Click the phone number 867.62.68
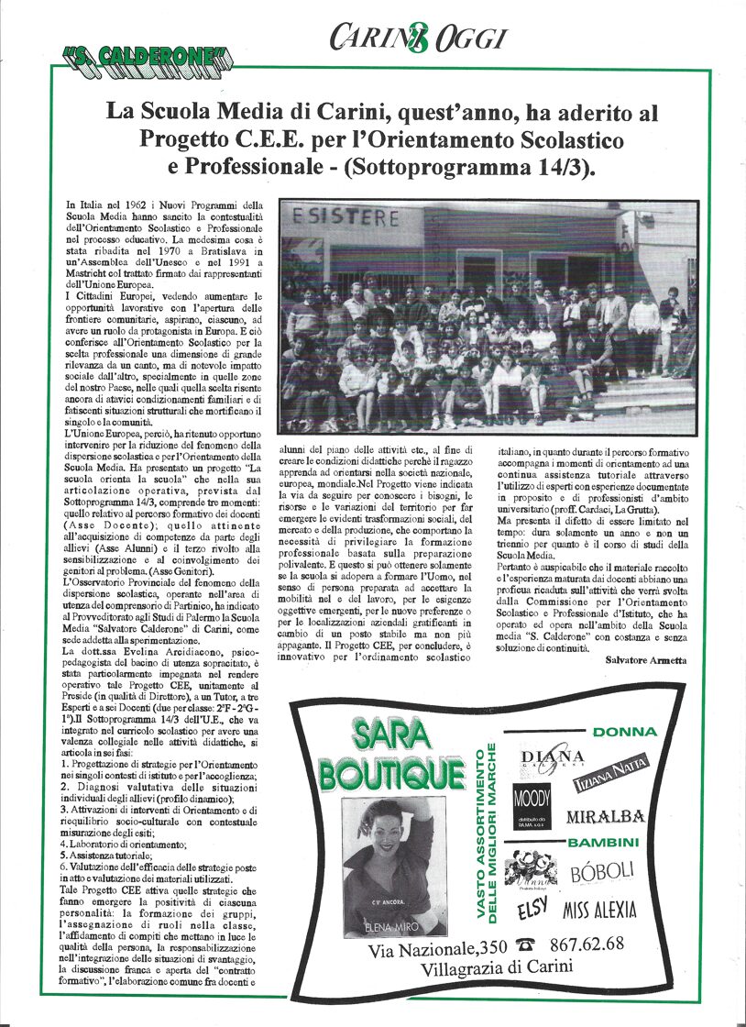click(587, 944)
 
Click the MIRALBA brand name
click(605, 816)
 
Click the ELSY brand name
click(532, 911)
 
